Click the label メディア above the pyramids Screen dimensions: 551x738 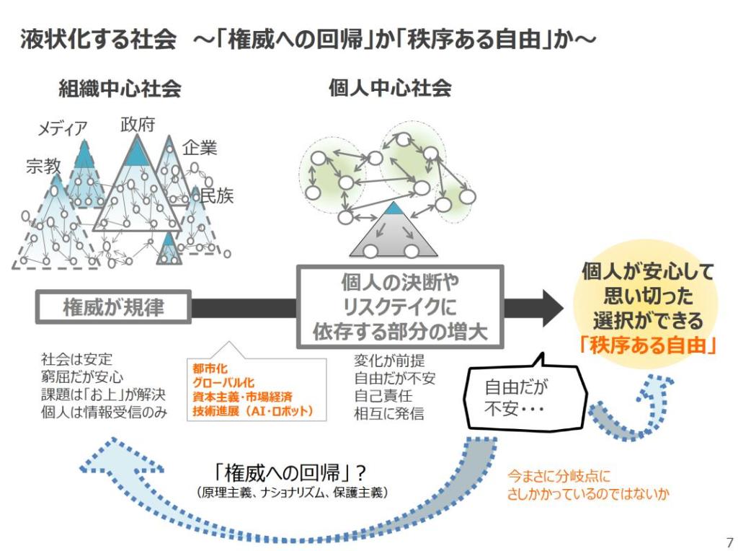coord(63,128)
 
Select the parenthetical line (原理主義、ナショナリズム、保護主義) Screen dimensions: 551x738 coord(292,493)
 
